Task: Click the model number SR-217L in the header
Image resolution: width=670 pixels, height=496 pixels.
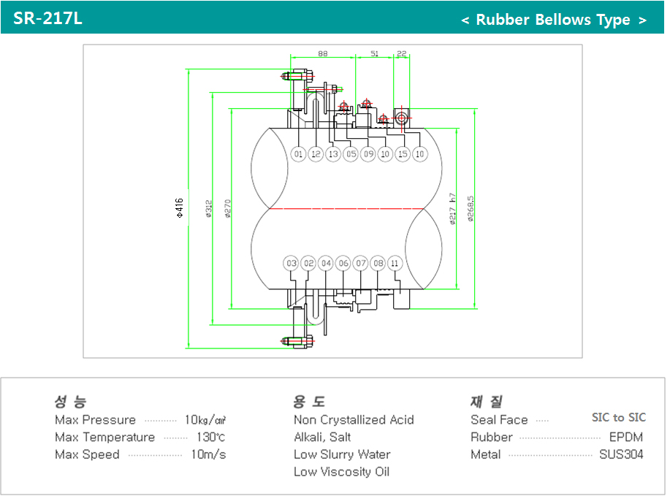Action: [47, 18]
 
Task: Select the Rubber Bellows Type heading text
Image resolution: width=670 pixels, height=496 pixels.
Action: [553, 20]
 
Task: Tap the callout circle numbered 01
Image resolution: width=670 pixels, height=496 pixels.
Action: [298, 154]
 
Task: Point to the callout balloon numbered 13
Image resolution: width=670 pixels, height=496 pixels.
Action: [333, 154]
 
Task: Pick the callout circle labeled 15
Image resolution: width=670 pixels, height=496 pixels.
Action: [403, 154]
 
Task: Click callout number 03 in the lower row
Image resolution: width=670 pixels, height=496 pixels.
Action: [292, 263]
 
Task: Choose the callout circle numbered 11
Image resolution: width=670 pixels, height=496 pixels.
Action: [395, 263]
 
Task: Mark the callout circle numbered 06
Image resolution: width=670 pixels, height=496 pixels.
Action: [343, 263]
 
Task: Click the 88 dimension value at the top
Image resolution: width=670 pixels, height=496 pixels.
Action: [322, 53]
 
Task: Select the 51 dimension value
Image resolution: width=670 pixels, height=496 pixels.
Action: [374, 53]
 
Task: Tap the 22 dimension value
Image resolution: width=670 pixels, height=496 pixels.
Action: [401, 53]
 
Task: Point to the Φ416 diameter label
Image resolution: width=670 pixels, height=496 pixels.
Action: [179, 207]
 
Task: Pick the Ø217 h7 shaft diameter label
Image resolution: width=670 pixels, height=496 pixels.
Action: [453, 209]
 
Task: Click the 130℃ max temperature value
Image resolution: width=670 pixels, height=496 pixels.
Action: [210, 438]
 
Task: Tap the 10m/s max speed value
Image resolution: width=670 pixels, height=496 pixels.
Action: [208, 454]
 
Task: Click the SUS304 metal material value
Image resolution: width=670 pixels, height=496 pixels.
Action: [621, 454]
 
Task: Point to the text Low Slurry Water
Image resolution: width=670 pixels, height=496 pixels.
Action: [342, 454]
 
